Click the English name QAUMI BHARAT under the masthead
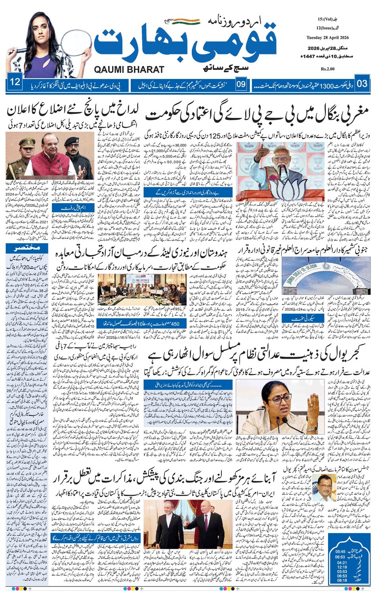129,69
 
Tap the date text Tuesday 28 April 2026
327,38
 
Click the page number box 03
362,84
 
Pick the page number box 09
241,84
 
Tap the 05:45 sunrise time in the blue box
340,551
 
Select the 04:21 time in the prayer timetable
342,563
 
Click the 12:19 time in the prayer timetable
342,567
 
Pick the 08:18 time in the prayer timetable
342,581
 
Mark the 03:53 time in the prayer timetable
342,571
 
